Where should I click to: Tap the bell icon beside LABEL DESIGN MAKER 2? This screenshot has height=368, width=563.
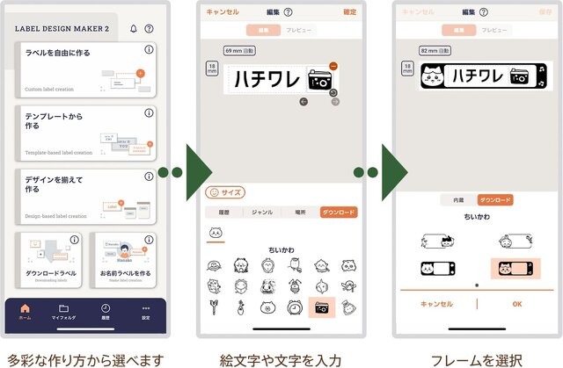point(133,28)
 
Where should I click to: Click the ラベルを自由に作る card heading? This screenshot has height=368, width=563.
point(57,53)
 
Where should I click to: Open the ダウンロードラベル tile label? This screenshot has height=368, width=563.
point(48,273)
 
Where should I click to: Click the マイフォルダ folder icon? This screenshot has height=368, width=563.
point(64,308)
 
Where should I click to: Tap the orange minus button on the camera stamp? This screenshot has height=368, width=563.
point(333,66)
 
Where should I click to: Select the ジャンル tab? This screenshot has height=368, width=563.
point(262,212)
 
